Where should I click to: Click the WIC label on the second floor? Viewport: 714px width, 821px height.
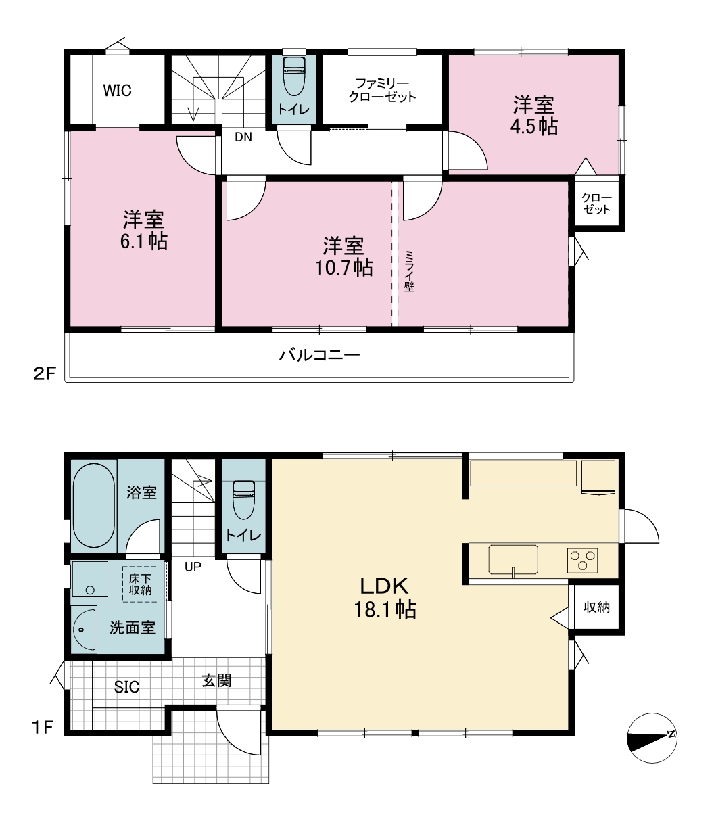(117, 91)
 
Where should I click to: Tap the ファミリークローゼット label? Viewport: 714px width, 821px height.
(382, 91)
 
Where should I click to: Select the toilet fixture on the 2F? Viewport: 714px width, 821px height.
(294, 76)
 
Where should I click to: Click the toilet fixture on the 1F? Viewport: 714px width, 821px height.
(243, 500)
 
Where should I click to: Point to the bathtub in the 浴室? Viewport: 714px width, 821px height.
(94, 506)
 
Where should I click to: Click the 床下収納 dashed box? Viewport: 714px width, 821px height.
(140, 584)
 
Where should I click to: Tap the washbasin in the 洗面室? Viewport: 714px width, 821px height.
(85, 629)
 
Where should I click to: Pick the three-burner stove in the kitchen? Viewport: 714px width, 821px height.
(582, 560)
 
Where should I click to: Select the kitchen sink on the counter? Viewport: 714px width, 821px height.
(513, 559)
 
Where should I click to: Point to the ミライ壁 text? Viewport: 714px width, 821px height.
(409, 271)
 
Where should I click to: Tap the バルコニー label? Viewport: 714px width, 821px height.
(320, 355)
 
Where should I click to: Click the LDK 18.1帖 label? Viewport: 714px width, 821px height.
(385, 598)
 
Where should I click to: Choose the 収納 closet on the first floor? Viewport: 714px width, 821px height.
(596, 607)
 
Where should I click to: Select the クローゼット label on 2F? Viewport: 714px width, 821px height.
(596, 204)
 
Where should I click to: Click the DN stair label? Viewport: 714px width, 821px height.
(243, 137)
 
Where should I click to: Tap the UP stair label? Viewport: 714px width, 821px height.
(193, 567)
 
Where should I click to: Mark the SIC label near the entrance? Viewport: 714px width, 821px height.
(126, 687)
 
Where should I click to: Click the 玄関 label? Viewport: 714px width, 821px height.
(216, 680)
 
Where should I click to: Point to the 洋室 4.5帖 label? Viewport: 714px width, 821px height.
(534, 116)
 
